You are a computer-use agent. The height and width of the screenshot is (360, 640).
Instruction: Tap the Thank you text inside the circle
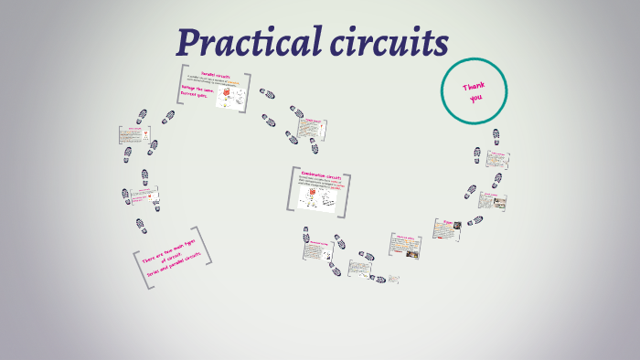(x=474, y=91)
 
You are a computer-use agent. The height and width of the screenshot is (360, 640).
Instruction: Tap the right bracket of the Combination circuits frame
(x=349, y=193)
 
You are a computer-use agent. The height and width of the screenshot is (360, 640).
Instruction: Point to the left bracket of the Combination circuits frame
(x=292, y=189)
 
